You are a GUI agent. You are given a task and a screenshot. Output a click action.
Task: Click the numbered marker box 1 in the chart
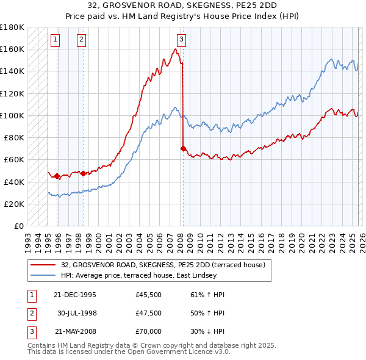[55, 40]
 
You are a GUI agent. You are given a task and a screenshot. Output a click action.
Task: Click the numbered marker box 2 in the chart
[81, 40]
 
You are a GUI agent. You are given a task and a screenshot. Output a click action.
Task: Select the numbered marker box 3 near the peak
[182, 40]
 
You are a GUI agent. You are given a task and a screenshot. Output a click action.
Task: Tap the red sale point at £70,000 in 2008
[183, 148]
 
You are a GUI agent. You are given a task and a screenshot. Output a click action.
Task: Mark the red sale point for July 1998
[84, 173]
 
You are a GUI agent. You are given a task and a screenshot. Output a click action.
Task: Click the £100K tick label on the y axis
[12, 115]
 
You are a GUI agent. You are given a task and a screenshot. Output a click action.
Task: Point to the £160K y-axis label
[12, 49]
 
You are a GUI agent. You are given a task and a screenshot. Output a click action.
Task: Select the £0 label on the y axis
[18, 226]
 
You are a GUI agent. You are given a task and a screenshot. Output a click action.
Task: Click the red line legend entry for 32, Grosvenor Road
[162, 265]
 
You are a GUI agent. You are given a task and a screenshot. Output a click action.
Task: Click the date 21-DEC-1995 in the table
[74, 294]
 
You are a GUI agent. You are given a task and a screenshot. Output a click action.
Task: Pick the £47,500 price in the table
[149, 313]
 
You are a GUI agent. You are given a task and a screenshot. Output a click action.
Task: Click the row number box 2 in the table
[30, 313]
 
